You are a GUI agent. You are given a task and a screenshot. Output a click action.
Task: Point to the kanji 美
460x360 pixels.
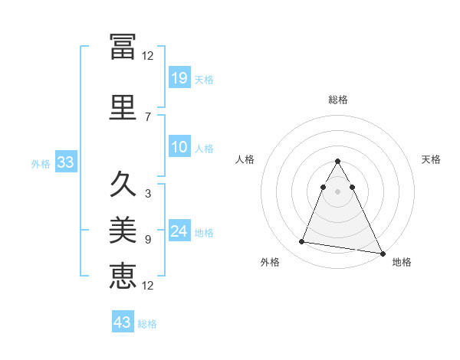pos(123,229)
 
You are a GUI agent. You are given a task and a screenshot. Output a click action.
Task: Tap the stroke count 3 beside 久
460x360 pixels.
pos(148,193)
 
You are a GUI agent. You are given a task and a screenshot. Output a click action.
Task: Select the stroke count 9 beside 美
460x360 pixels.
pos(148,239)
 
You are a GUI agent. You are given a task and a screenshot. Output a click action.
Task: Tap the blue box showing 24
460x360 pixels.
pos(179,231)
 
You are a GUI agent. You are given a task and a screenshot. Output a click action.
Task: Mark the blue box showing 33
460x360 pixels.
pos(65,162)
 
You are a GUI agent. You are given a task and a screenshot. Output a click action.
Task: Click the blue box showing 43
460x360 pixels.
pos(123,322)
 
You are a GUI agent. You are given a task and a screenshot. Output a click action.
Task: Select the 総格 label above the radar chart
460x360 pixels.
pos(338,100)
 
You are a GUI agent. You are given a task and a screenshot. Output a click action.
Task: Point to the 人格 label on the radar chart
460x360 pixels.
pos(245,159)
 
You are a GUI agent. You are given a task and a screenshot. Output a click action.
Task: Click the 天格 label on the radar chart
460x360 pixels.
pos(432,159)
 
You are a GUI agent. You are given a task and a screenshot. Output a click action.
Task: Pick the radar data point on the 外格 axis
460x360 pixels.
pos(302,242)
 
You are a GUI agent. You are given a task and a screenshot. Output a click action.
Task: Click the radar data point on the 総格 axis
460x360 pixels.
pos(338,162)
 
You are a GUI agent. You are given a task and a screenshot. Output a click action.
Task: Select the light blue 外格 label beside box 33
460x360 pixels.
pos(41,163)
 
